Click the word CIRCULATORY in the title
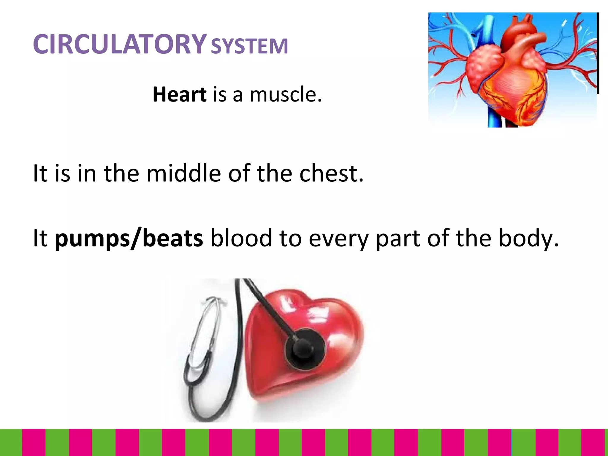pos(119,45)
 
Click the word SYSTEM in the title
pos(249,46)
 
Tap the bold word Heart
pos(179,94)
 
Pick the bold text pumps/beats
pos(129,238)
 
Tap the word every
pos(338,238)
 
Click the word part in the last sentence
pos(398,238)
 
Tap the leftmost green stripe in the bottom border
pos(11,442)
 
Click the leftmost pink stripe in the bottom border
pos(34,442)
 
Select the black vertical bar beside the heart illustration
pos(598,53)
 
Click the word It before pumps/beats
pos(40,238)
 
